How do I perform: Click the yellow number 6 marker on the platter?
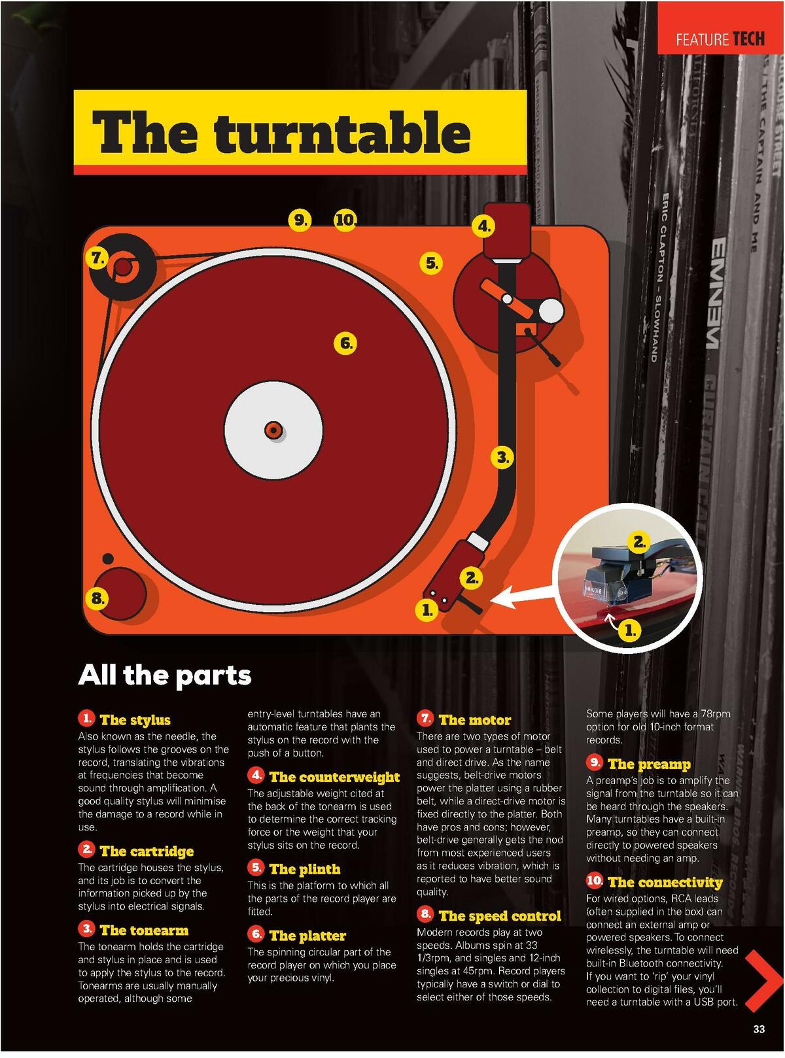[345, 343]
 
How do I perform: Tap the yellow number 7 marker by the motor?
[97, 258]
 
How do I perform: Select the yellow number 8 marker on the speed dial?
[97, 598]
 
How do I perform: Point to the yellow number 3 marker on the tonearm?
[502, 457]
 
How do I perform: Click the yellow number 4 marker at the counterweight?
[483, 226]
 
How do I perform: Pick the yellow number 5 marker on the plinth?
[431, 263]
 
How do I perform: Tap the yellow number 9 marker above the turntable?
[300, 220]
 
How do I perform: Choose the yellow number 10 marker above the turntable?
[345, 220]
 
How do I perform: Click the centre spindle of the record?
[273, 430]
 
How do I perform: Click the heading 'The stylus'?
[135, 720]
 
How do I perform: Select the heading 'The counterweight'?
[334, 777]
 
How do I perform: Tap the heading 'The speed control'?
[500, 916]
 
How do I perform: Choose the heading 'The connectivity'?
[665, 882]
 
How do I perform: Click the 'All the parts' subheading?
[164, 675]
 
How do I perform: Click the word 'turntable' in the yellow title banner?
[341, 132]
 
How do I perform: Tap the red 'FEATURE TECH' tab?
[720, 39]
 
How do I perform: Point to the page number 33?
[758, 1029]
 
